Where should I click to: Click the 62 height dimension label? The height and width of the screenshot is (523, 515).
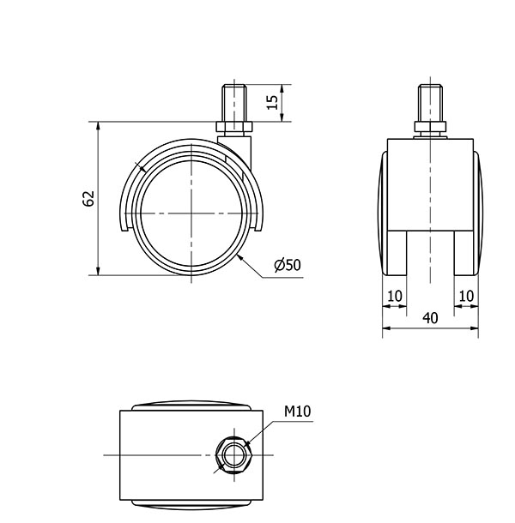tap(88, 199)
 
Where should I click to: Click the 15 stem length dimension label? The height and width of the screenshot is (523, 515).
tap(272, 102)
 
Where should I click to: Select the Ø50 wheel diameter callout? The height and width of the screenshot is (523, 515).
tap(288, 265)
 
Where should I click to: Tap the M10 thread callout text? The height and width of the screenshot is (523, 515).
tap(297, 412)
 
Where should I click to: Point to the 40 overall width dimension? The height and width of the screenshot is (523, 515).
tap(430, 318)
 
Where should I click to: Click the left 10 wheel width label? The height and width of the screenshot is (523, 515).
tap(395, 296)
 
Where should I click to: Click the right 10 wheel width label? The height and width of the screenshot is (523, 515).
tap(466, 296)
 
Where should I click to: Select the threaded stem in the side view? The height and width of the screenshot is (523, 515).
tap(234, 103)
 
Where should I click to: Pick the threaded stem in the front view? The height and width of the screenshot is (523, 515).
tap(430, 103)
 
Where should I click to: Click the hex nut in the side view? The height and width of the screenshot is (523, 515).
tap(234, 127)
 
